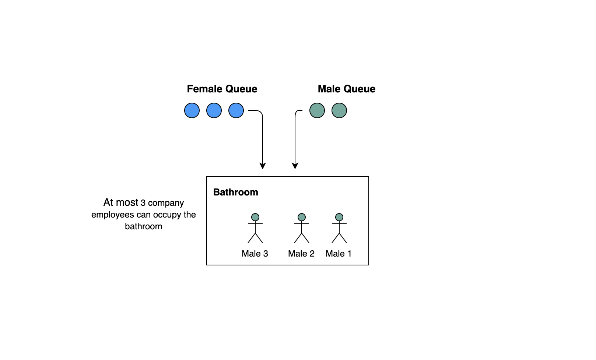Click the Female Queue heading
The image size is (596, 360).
click(222, 89)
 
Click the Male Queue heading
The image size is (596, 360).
click(346, 89)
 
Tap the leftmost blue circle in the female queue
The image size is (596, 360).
click(192, 110)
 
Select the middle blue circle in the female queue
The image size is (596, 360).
click(214, 110)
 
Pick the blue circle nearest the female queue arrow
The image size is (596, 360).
click(236, 110)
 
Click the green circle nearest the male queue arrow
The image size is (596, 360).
click(317, 110)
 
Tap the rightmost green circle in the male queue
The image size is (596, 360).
click(339, 110)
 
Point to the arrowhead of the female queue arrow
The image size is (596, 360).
click(263, 166)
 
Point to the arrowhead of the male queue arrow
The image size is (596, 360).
click(295, 166)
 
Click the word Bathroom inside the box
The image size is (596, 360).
click(236, 193)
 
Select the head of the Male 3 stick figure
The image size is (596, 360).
click(255, 217)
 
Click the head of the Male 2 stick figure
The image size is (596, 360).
click(302, 217)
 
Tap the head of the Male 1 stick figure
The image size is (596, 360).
click(339, 217)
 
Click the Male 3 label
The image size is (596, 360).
click(255, 254)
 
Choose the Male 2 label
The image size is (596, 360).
click(301, 254)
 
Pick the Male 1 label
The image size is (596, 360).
click(339, 254)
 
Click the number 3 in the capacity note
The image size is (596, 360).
click(143, 203)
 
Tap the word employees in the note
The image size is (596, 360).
click(113, 215)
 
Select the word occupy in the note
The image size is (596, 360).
click(167, 215)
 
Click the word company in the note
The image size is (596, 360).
click(166, 203)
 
